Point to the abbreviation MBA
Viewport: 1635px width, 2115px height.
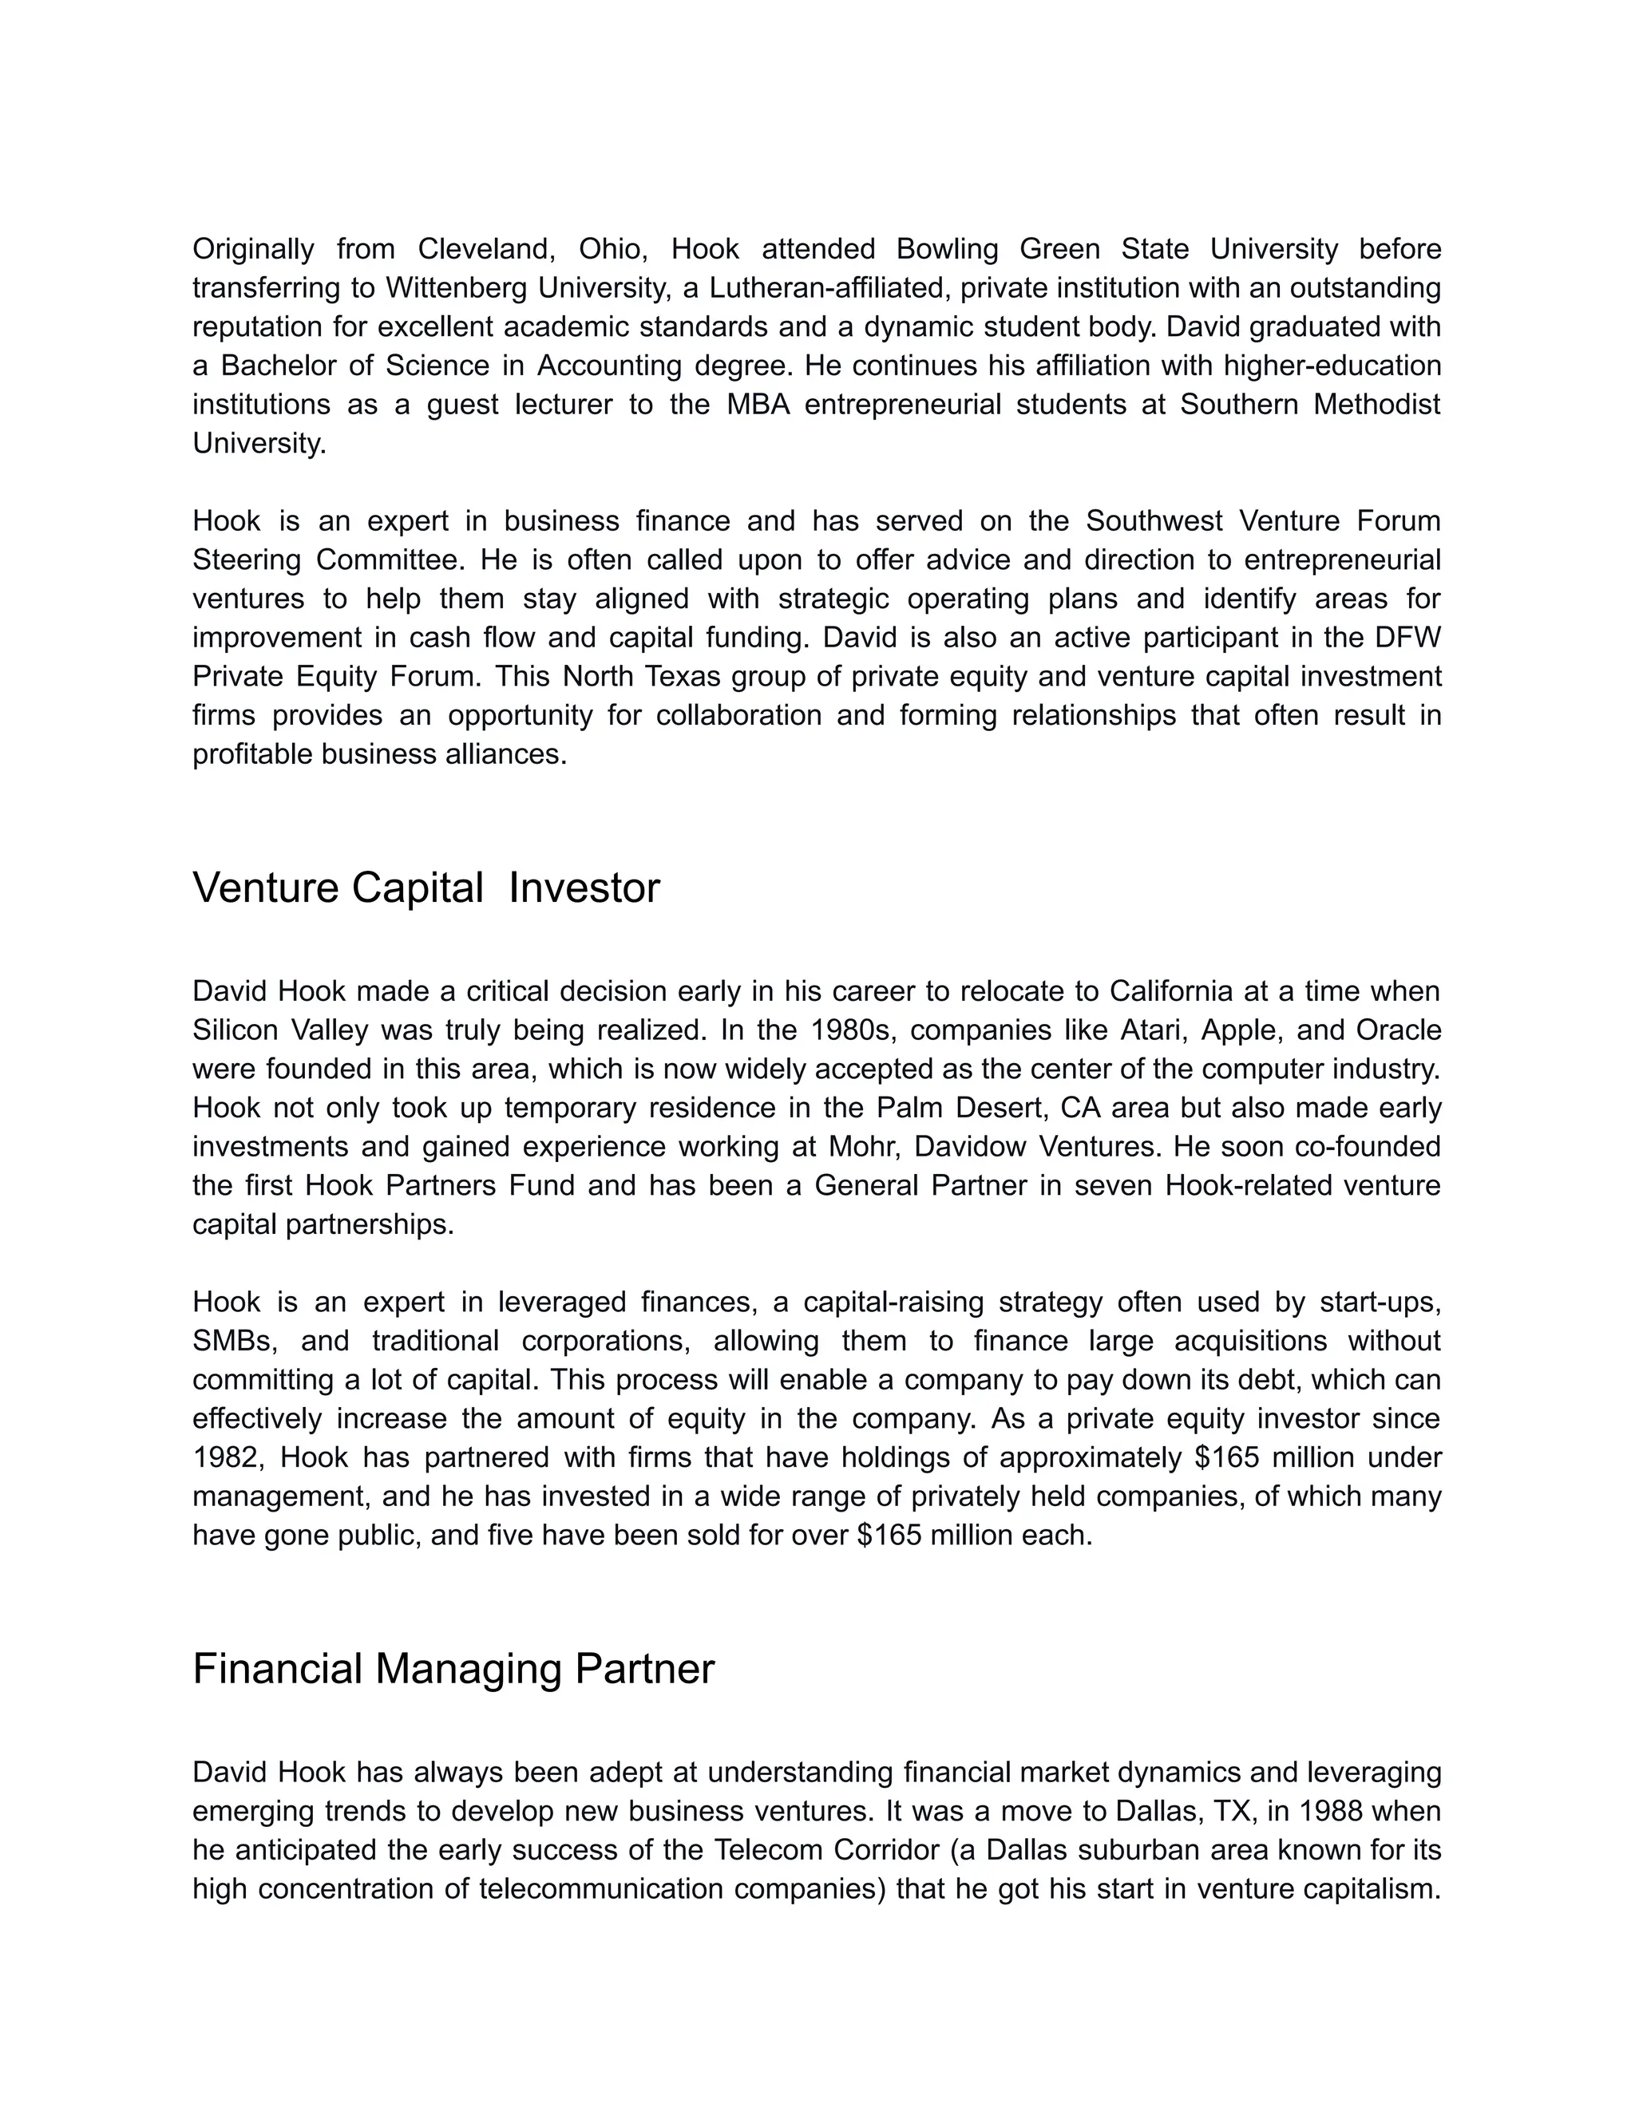point(758,404)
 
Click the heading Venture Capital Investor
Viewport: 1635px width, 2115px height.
point(426,887)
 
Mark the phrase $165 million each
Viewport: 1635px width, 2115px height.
point(973,1535)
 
